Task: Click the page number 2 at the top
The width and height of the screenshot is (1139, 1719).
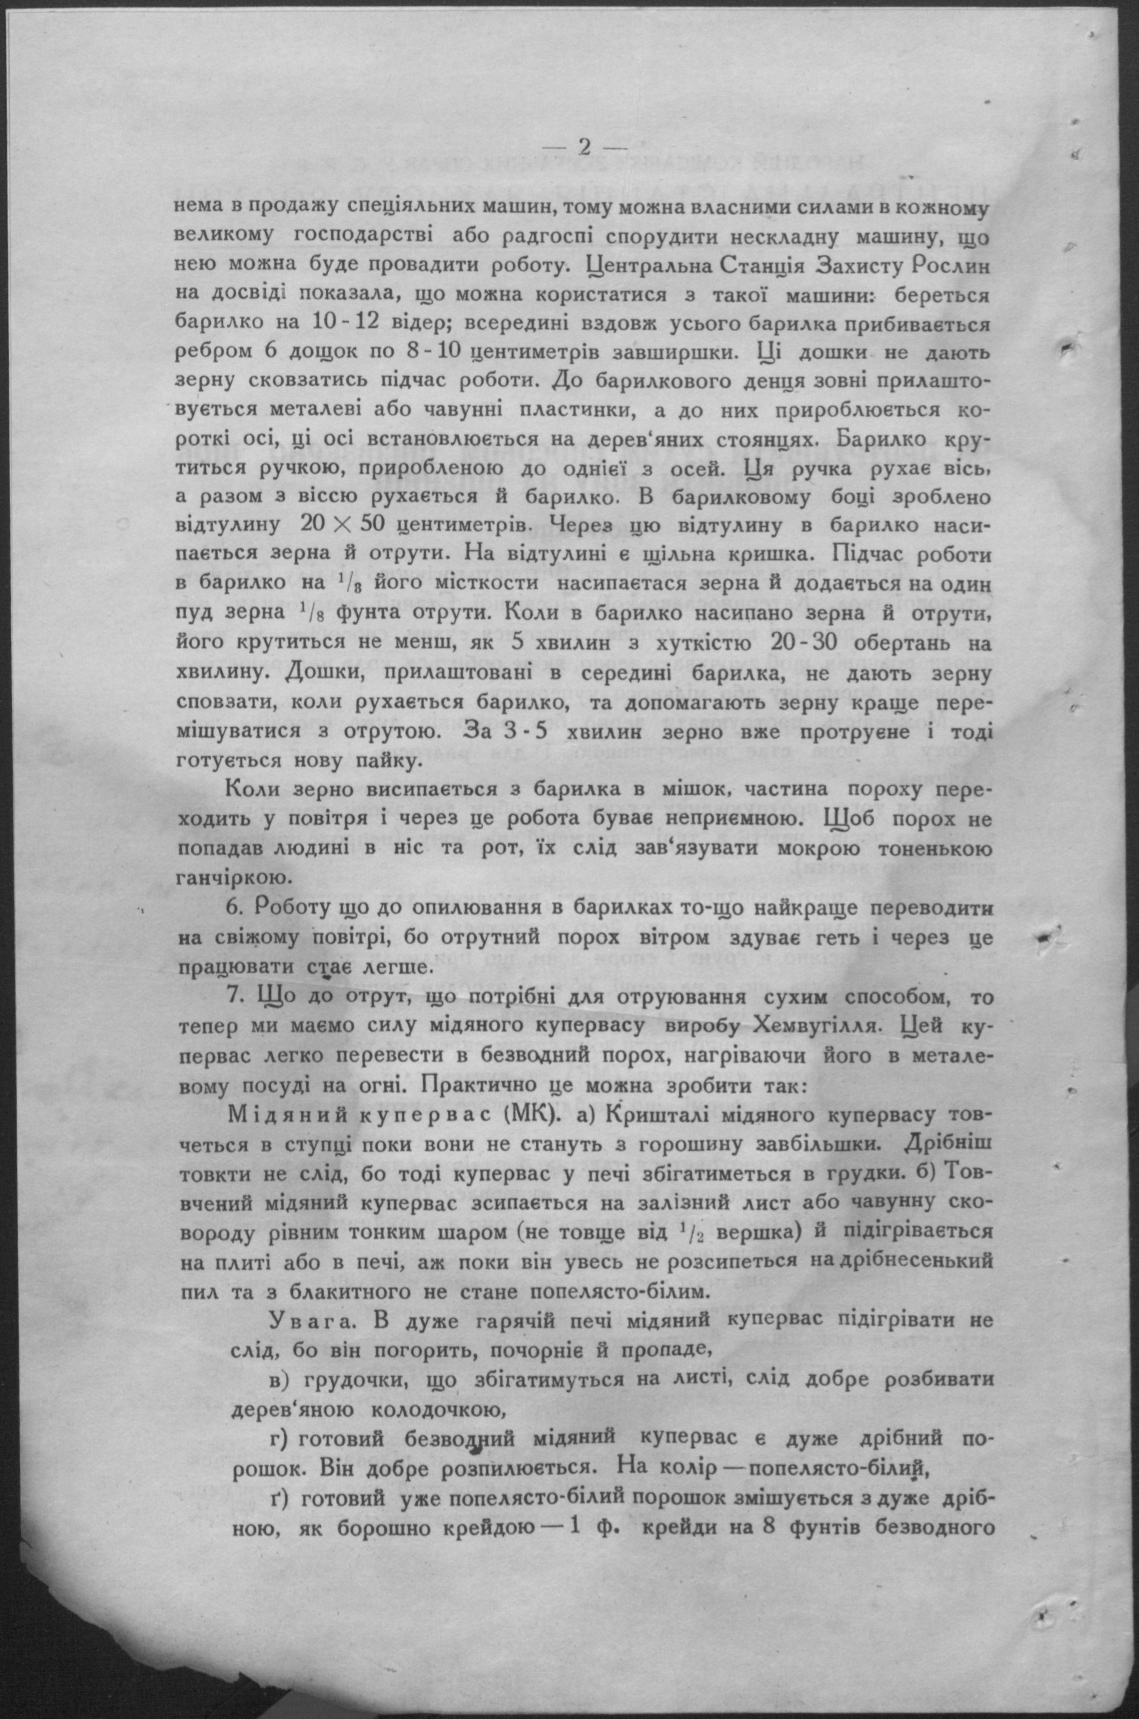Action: (x=584, y=147)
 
